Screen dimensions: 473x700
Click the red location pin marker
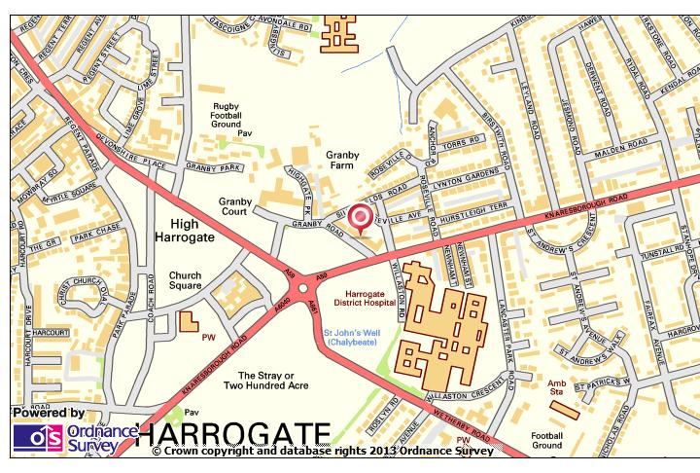[361, 218]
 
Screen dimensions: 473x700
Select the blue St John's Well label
[352, 338]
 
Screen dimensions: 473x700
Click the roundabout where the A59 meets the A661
[304, 287]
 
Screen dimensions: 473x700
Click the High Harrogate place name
[184, 230]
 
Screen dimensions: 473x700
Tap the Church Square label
[185, 280]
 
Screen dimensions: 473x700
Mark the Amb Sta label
[557, 388]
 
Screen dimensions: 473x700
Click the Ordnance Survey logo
[66, 438]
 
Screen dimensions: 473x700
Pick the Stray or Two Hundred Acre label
[265, 380]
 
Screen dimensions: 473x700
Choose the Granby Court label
[235, 207]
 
